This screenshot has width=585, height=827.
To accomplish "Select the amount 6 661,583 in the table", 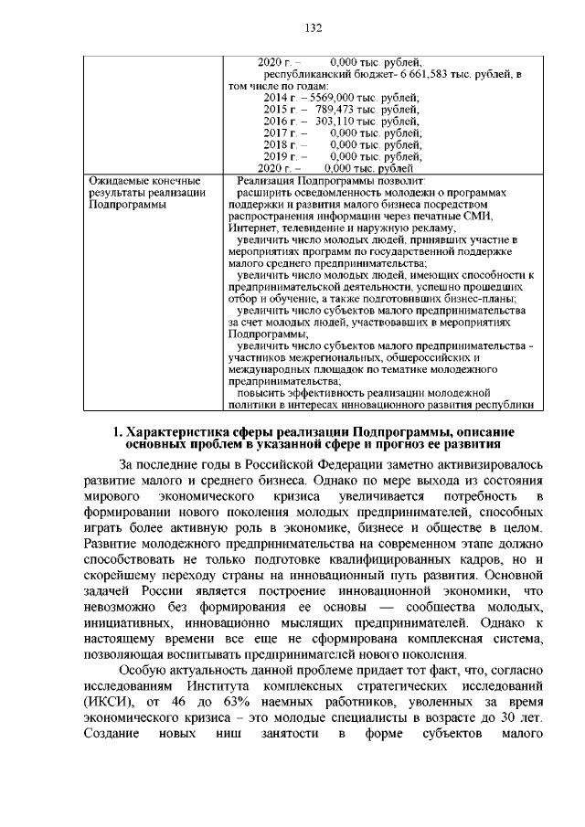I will [415, 72].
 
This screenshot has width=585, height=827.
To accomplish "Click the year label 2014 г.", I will [278, 97].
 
